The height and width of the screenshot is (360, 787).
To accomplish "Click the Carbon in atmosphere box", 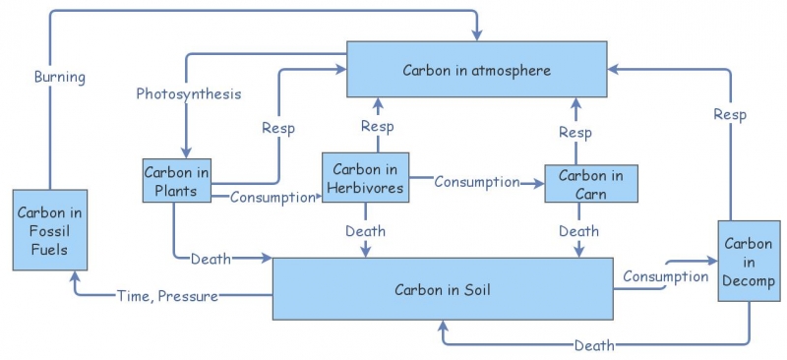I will tap(476, 69).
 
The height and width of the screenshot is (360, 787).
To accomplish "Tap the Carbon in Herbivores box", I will tap(365, 179).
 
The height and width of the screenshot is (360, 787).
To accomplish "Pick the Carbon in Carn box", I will tap(591, 183).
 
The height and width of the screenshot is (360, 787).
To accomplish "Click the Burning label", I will tap(60, 77).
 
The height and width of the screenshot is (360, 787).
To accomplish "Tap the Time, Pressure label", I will tap(167, 294).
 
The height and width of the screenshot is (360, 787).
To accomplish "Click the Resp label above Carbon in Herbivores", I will tap(378, 126).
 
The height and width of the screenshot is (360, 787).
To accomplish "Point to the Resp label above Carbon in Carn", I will tap(575, 133).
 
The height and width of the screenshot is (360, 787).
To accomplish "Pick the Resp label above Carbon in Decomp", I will tap(729, 115).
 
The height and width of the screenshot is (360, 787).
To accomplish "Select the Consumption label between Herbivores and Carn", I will tap(476, 181).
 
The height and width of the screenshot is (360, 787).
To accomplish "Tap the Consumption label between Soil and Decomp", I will tap(665, 276).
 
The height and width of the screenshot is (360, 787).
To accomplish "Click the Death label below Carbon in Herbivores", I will tap(365, 231).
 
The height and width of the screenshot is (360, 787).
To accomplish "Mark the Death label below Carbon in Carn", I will tap(578, 231).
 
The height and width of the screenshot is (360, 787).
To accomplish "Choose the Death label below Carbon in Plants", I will tap(210, 259).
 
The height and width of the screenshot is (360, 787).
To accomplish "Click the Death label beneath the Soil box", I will tap(594, 345).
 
